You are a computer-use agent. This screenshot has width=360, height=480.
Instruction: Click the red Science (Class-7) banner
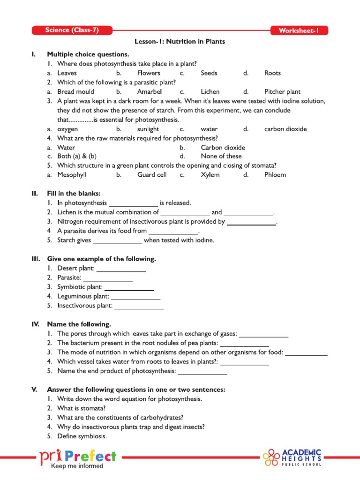(72, 30)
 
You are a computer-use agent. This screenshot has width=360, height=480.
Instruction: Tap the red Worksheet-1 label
(299, 31)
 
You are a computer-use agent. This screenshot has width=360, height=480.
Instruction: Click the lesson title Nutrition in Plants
(180, 42)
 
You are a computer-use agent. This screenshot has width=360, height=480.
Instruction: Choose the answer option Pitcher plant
(282, 92)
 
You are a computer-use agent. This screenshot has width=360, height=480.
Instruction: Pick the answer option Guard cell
(152, 175)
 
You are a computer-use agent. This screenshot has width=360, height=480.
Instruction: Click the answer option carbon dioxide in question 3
(285, 129)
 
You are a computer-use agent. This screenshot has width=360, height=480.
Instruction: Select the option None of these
(221, 157)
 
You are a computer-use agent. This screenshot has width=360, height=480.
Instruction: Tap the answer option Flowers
(149, 73)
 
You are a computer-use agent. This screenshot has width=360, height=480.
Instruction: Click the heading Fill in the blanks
(74, 194)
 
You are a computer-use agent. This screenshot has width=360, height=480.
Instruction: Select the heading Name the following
(79, 324)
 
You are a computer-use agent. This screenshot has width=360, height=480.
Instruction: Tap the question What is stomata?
(81, 408)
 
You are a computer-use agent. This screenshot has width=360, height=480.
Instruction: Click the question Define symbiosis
(82, 436)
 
